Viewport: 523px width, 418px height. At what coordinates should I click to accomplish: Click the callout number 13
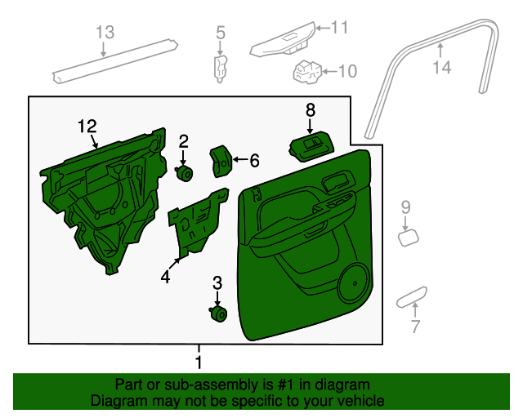[x=105, y=33]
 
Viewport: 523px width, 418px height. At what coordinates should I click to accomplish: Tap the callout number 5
[x=221, y=33]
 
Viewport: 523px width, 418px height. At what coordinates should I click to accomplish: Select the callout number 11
[x=339, y=27]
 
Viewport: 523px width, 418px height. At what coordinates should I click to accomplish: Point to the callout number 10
[x=347, y=71]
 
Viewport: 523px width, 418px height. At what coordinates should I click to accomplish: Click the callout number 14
[x=442, y=67]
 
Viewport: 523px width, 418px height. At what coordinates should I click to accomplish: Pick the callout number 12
[x=87, y=127]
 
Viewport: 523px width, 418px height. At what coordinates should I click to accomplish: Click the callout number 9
[x=405, y=207]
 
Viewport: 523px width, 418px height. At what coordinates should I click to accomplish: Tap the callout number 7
[x=415, y=326]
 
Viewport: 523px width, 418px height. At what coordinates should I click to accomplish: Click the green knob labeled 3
[x=218, y=314]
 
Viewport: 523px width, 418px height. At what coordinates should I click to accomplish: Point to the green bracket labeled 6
[x=221, y=161]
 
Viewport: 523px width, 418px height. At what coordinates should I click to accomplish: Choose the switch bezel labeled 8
[x=311, y=146]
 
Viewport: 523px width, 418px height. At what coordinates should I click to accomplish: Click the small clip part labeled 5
[x=220, y=69]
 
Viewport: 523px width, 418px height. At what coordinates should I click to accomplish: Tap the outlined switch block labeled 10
[x=307, y=72]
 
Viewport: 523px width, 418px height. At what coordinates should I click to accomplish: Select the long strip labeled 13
[x=115, y=61]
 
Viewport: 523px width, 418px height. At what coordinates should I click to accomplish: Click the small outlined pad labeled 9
[x=409, y=238]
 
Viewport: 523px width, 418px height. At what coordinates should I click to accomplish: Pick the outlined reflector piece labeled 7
[x=412, y=297]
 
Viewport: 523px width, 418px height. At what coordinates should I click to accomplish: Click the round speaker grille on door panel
[x=353, y=283]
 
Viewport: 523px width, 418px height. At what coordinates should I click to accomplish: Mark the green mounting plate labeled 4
[x=199, y=224]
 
